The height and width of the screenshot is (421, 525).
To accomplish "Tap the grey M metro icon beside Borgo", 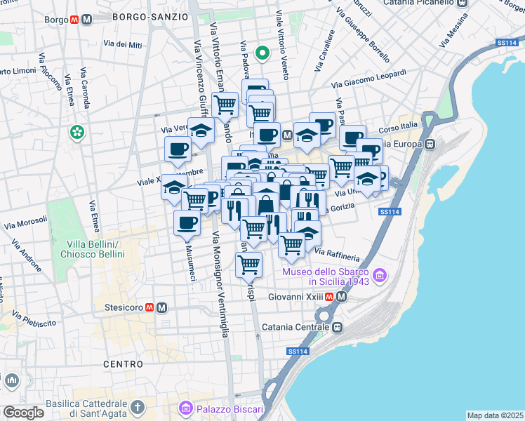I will coord(86,20).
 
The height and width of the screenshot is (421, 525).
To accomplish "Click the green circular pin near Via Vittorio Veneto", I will coord(262,53).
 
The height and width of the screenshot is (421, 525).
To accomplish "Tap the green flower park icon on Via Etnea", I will coord(76,132).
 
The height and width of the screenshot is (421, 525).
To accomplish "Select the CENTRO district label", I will coord(123,364).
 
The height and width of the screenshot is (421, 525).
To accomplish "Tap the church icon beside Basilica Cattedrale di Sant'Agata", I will coord(138,407).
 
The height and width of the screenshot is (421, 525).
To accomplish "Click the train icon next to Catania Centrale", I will coord(338,327).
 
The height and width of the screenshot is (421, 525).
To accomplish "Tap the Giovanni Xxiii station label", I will coord(296,297).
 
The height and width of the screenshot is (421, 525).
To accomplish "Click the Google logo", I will coord(23,413).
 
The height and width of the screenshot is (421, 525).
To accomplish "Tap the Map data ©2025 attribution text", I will coord(495,415).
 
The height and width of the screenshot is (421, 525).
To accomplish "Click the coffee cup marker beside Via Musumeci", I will coord(187,223).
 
